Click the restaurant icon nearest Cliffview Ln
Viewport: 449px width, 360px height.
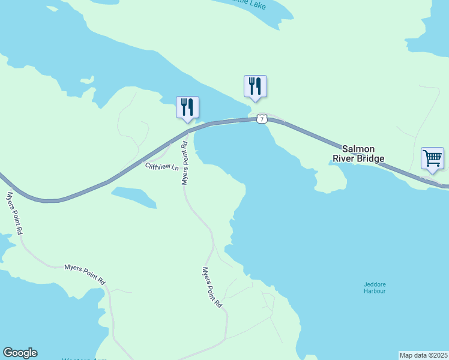pos(187,107)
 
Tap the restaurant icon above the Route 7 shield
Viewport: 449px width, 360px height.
pos(255,86)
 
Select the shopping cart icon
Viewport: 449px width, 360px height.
pos(432,158)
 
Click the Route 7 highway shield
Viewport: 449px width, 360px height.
pos(261,119)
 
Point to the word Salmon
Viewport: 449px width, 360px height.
pos(358,149)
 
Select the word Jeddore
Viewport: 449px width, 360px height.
pos(375,284)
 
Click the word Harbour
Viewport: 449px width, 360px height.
pos(375,291)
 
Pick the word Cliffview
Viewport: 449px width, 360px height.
pos(157,166)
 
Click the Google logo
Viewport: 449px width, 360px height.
pos(20,353)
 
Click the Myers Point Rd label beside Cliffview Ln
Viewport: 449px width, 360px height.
pos(185,163)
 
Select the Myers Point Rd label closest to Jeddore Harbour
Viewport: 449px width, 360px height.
pos(212,287)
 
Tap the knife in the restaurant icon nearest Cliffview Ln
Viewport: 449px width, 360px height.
pos(191,106)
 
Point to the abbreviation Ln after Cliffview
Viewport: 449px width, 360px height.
pos(175,167)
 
